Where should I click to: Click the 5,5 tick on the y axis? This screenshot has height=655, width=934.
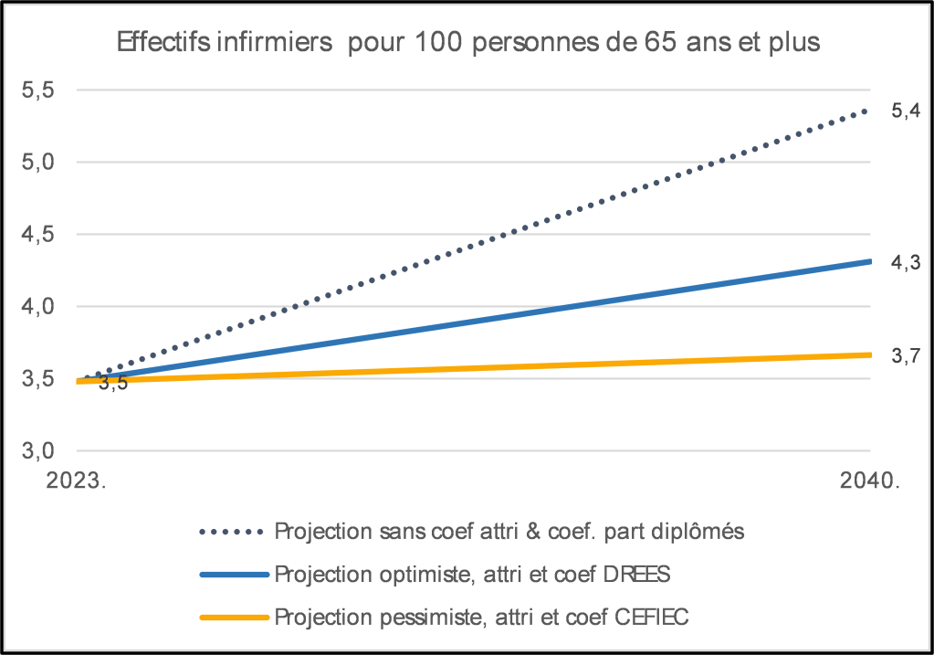(x=38, y=90)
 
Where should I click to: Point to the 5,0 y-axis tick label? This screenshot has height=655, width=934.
(x=38, y=162)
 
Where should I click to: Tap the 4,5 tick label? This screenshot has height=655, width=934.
(x=38, y=234)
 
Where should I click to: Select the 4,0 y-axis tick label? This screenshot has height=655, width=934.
(x=38, y=306)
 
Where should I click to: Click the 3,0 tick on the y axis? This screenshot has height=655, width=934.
(x=38, y=450)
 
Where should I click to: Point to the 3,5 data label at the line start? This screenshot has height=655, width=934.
(x=113, y=384)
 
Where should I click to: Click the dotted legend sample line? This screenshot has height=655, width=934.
(x=233, y=530)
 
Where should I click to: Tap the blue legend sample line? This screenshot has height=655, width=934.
(x=233, y=574)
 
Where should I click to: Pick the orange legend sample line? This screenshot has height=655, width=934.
(x=233, y=618)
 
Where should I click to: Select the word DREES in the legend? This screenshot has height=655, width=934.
(x=639, y=574)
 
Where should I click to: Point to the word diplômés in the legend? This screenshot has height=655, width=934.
(x=703, y=531)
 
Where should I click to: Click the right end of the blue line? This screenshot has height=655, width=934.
(x=868, y=262)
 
